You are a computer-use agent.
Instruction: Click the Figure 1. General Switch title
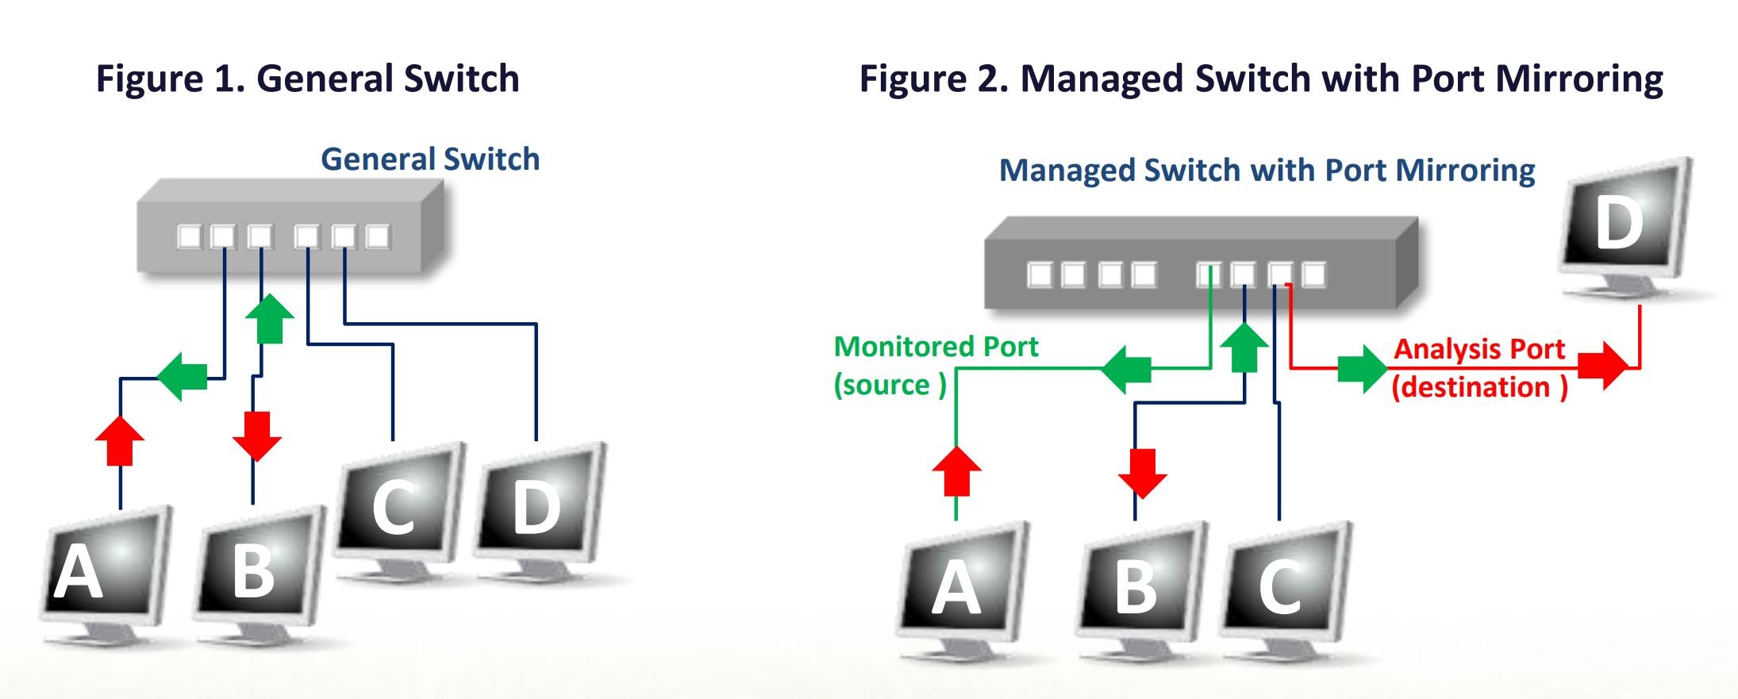tap(307, 79)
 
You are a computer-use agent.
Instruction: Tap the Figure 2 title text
tap(1261, 79)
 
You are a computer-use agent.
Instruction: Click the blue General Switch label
tap(430, 159)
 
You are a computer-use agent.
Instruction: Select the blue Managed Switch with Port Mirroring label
tap(1267, 171)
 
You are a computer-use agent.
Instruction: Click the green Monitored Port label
tap(936, 347)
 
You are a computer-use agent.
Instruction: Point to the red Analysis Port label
tap(1479, 349)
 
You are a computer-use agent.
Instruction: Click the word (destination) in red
tap(1479, 387)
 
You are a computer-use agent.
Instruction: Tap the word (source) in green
tap(890, 385)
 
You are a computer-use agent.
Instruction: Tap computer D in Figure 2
tap(1623, 226)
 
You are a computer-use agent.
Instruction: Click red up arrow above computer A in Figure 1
tap(120, 440)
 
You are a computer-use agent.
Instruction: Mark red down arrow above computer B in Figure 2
tap(1142, 473)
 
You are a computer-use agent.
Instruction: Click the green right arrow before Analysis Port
tap(1362, 369)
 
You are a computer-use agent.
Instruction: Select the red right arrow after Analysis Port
tap(1601, 366)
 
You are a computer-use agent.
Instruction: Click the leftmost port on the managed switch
tap(1040, 275)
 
